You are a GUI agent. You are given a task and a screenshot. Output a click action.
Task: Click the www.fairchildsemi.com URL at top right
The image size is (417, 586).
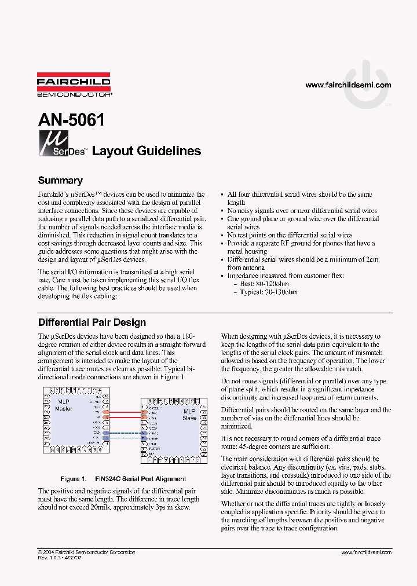click(x=348, y=85)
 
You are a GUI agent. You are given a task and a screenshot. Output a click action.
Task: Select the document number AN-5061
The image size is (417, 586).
click(x=71, y=120)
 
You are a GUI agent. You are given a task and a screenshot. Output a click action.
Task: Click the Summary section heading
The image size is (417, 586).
click(x=60, y=180)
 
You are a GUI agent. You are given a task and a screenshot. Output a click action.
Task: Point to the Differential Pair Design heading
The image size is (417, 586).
click(x=92, y=323)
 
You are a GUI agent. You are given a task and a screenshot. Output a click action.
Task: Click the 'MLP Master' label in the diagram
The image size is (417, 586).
click(x=64, y=405)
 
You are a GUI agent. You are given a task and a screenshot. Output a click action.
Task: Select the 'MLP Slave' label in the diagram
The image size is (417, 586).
click(x=189, y=414)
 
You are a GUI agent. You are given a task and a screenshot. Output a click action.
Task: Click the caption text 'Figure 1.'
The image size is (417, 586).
click(x=74, y=479)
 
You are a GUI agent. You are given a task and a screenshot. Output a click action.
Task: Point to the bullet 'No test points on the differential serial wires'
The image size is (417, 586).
click(x=290, y=235)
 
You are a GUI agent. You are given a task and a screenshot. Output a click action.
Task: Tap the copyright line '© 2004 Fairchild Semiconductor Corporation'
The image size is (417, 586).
click(x=86, y=552)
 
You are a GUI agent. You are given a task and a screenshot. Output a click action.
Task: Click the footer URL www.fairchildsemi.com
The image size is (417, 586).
click(x=353, y=552)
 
